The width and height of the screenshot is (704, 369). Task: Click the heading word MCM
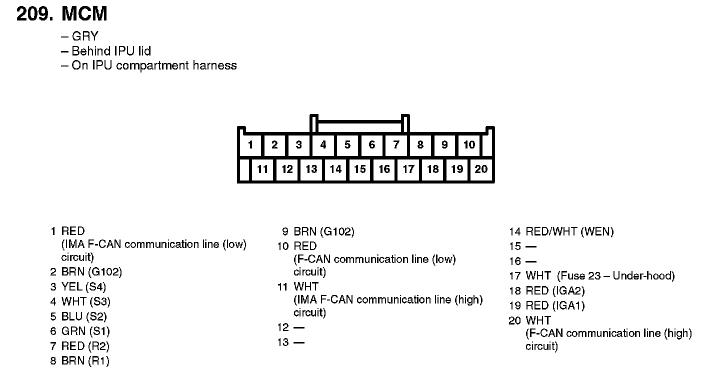coord(84,14)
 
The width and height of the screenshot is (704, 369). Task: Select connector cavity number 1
coord(250,145)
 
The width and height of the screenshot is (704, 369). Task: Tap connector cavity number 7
coord(396,145)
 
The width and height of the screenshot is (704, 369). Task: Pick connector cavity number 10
coord(469,145)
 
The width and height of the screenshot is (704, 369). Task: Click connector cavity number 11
coord(262,169)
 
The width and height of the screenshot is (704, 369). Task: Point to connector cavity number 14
coord(335,169)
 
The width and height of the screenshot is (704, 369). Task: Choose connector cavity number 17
coord(408,169)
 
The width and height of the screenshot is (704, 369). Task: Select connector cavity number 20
coord(481,169)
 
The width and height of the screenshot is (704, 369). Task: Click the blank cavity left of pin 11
coord(244,169)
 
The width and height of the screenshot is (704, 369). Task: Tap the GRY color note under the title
coord(85,36)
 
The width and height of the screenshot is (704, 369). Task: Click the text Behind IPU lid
coord(111,51)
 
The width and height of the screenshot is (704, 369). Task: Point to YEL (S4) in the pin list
coord(83,287)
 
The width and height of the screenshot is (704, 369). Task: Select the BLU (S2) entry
coord(84,316)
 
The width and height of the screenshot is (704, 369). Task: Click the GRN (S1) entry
coord(85,331)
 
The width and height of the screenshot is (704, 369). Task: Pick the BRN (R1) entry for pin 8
coord(85,361)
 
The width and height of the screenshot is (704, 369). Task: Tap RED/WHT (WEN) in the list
coord(569,231)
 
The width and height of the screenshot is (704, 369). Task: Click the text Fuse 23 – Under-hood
coord(615,276)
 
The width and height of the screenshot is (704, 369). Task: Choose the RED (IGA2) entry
coord(555,291)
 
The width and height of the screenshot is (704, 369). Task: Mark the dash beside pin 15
coord(531,246)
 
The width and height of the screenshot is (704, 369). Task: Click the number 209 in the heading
coord(34,14)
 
